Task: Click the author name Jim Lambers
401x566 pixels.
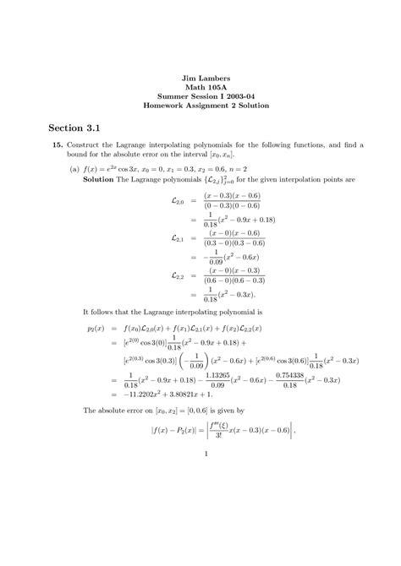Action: click(200, 78)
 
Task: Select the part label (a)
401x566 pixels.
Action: click(75, 167)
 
